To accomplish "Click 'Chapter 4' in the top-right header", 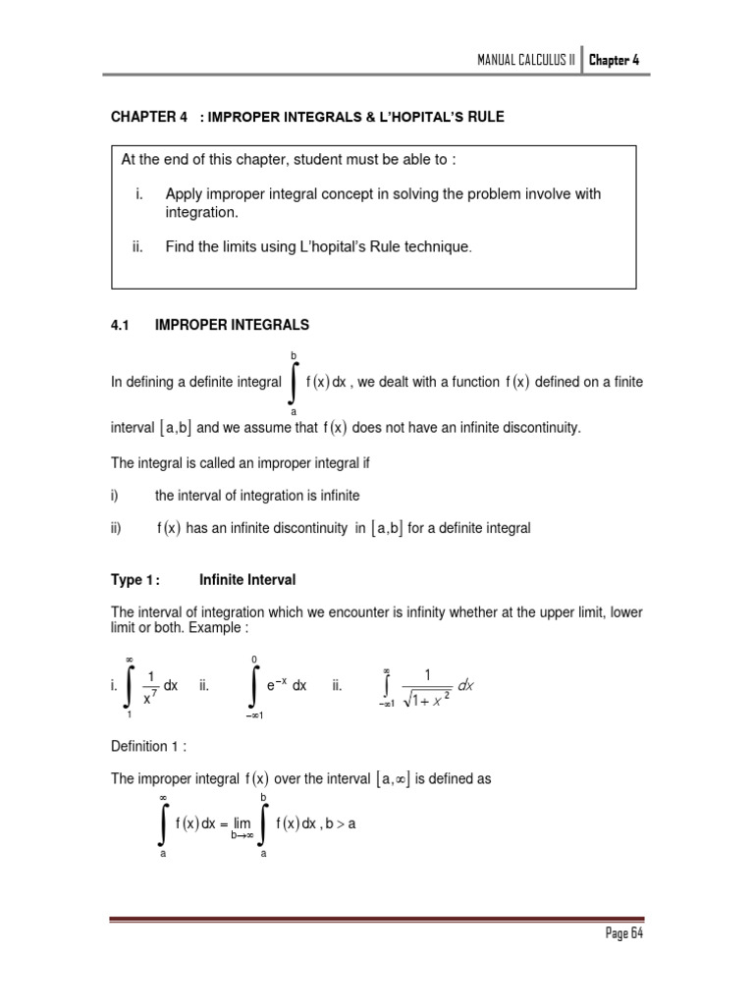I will point(616,60).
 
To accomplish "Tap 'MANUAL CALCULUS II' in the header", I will point(525,60).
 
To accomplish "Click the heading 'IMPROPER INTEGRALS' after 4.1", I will point(233,324).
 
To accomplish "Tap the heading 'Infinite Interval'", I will point(247,580).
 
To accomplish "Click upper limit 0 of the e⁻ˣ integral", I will point(254,658).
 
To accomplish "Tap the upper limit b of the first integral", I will point(293,354).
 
